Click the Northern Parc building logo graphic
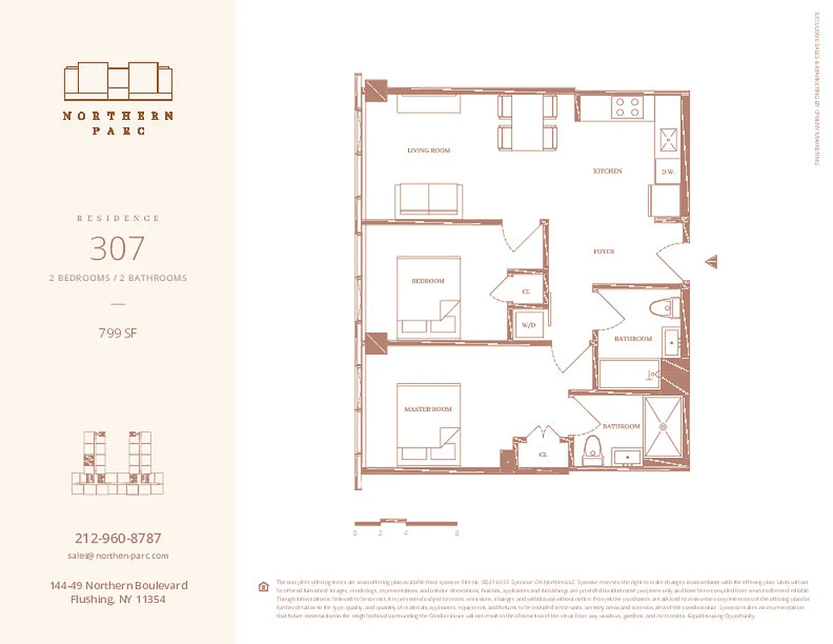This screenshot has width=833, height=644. tap(118, 80)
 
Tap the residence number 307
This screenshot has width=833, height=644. tap(118, 248)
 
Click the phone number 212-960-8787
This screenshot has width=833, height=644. tap(118, 539)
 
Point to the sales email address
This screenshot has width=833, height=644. tap(118, 555)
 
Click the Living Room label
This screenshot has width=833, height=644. tap(428, 151)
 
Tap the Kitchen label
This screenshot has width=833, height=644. tap(608, 171)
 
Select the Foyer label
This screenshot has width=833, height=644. tap(604, 252)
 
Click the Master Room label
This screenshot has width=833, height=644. tap(427, 410)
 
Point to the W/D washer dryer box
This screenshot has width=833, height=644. tap(529, 325)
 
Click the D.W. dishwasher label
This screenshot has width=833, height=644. tap(667, 172)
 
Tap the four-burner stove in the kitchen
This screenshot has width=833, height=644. tap(627, 107)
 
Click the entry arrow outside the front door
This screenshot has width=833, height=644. tap(711, 262)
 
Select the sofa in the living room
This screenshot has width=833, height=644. tap(428, 199)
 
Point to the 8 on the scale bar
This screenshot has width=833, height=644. tap(456, 533)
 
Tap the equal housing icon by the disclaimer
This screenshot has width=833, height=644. tap(263, 587)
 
